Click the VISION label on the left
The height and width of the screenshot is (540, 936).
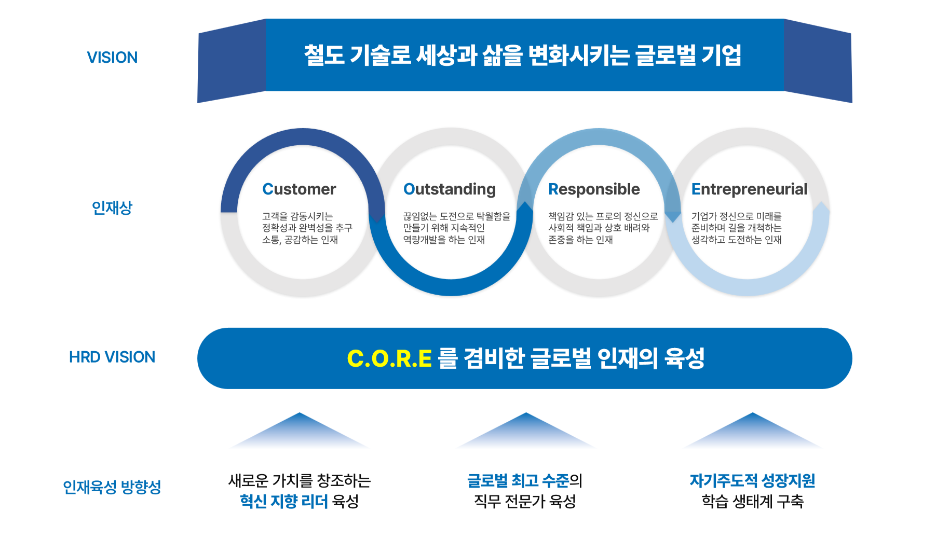112,58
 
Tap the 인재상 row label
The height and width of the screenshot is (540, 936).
112,207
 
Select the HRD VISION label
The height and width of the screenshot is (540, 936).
112,357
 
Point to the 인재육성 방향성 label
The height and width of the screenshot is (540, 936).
112,487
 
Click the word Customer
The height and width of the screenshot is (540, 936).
299,189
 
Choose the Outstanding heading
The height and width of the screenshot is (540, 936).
450,189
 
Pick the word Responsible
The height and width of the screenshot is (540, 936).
594,189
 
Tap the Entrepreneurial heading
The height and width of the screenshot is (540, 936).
749,189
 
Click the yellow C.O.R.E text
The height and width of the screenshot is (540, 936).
389,358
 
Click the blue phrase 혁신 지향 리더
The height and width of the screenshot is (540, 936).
283,501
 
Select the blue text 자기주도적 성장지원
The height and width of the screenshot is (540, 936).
752,481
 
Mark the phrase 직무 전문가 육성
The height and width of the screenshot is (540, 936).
525,501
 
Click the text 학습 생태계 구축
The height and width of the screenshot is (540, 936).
752,501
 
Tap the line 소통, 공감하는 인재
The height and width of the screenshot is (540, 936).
300,240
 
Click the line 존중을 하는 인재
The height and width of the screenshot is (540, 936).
580,240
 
